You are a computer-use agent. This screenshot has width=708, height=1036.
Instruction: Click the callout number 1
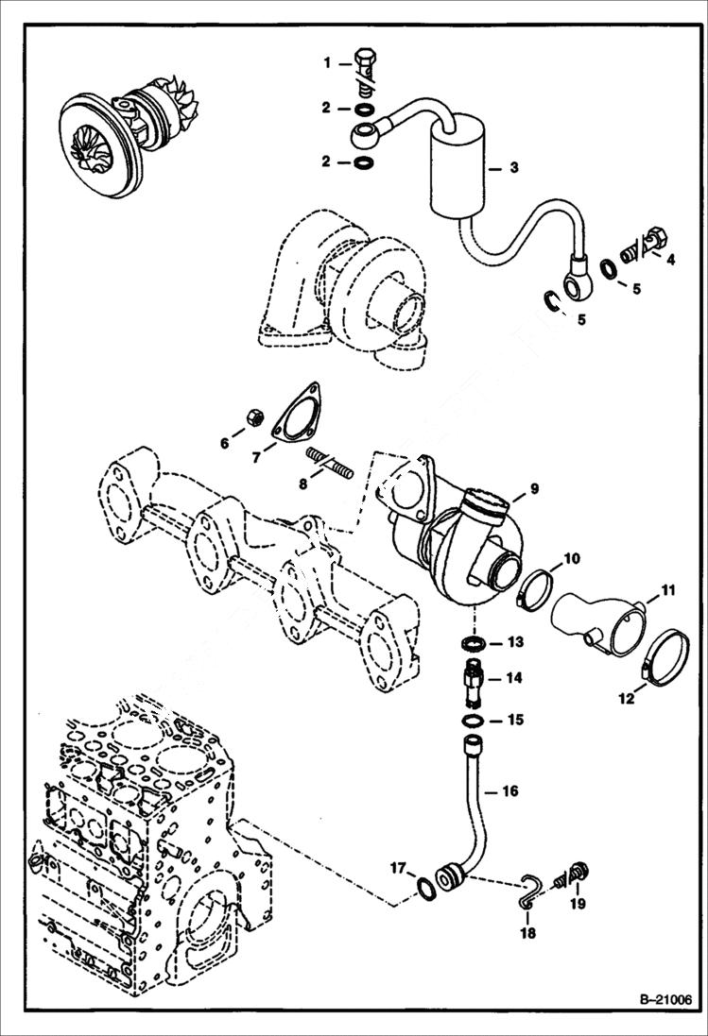pos(327,63)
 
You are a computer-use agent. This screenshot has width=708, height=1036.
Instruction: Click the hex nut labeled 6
pos(252,416)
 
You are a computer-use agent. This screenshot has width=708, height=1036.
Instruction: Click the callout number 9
pos(533,488)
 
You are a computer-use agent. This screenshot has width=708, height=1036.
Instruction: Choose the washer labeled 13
pos(475,643)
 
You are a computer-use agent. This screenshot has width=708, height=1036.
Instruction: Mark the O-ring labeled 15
pos(475,722)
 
